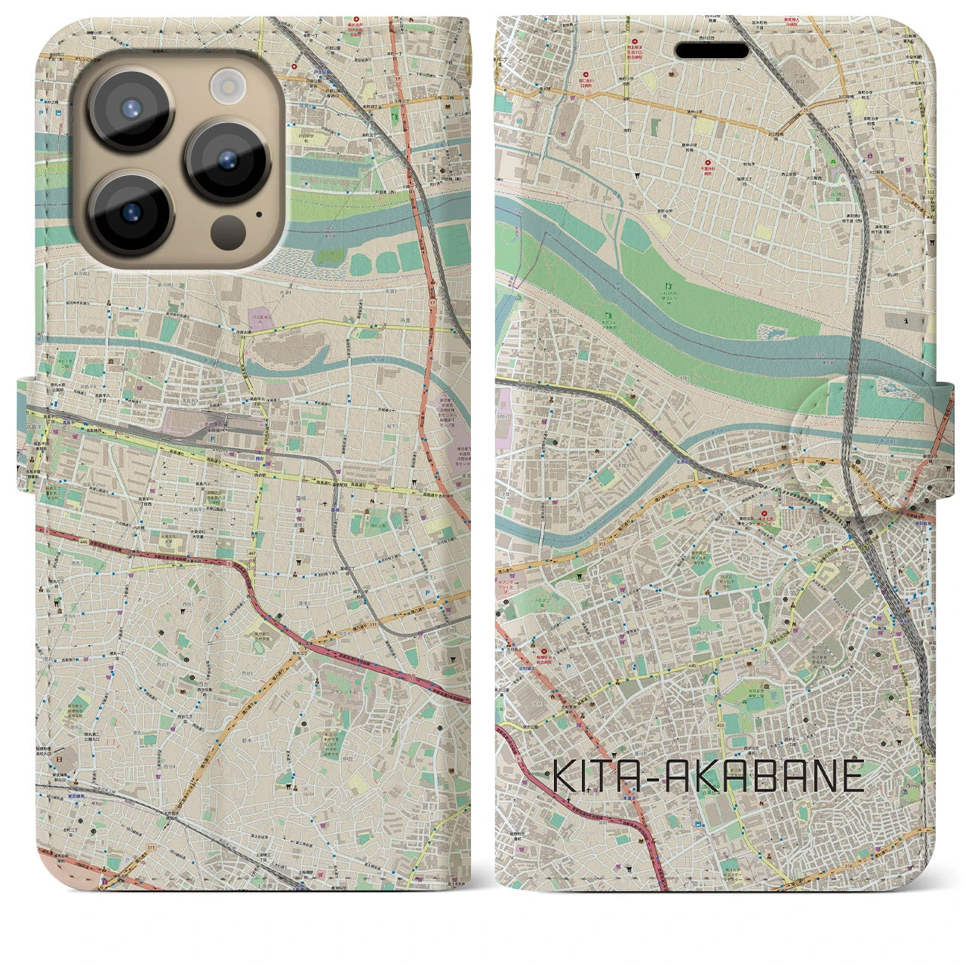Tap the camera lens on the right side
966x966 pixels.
click(227, 159)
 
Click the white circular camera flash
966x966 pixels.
click(225, 85)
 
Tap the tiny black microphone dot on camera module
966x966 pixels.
click(259, 214)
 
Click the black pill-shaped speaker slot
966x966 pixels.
click(712, 51)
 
